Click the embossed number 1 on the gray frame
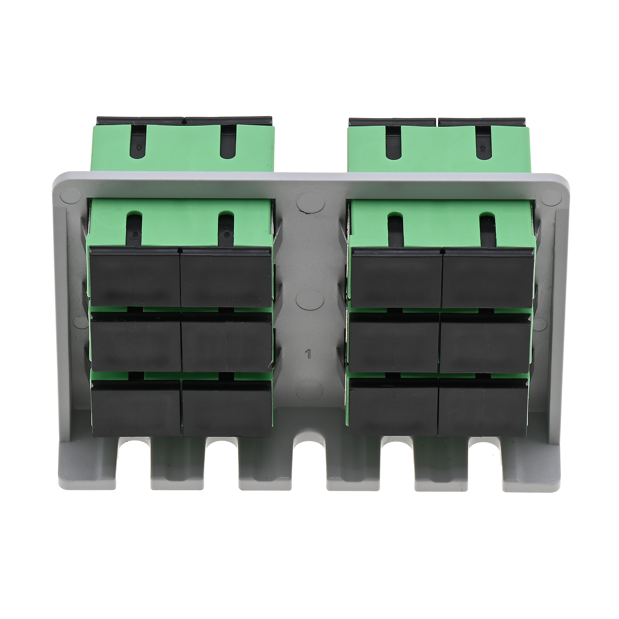click(309, 354)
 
